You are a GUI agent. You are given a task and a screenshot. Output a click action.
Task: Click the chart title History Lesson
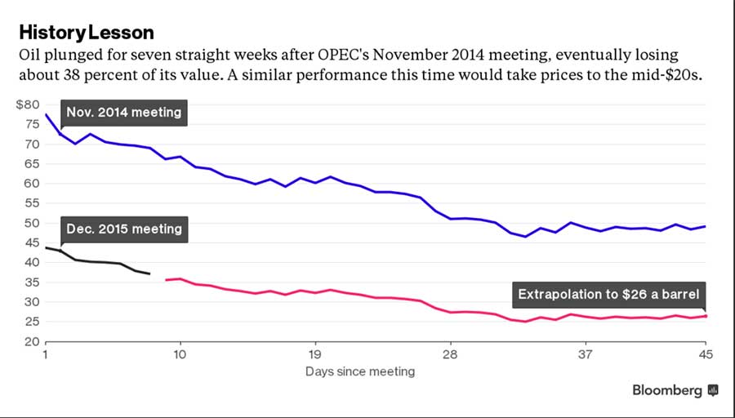click(x=87, y=33)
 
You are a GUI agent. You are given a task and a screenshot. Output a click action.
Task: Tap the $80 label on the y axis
click(x=27, y=104)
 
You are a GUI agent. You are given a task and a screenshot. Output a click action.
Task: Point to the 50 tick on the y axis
click(x=30, y=223)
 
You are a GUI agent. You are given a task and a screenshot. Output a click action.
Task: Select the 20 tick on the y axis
click(x=30, y=341)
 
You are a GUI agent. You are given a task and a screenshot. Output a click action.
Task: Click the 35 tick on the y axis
click(x=30, y=282)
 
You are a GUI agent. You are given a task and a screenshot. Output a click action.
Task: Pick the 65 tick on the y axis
click(x=30, y=164)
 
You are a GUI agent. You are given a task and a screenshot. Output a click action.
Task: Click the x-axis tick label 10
click(x=180, y=355)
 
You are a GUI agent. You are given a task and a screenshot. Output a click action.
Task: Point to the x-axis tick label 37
click(x=585, y=355)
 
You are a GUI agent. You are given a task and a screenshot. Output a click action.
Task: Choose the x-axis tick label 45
click(x=705, y=355)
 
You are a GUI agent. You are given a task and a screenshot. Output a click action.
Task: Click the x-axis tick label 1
click(x=46, y=355)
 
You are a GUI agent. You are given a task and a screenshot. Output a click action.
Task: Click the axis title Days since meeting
click(x=360, y=371)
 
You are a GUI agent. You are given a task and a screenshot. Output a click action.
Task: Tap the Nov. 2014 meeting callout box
click(x=124, y=112)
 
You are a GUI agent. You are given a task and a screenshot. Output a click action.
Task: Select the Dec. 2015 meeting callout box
click(x=124, y=229)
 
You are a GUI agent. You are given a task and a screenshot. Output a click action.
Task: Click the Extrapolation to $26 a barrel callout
click(x=608, y=295)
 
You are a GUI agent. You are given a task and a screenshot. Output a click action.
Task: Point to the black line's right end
click(x=149, y=273)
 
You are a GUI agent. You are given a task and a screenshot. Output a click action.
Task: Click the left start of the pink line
click(x=166, y=280)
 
